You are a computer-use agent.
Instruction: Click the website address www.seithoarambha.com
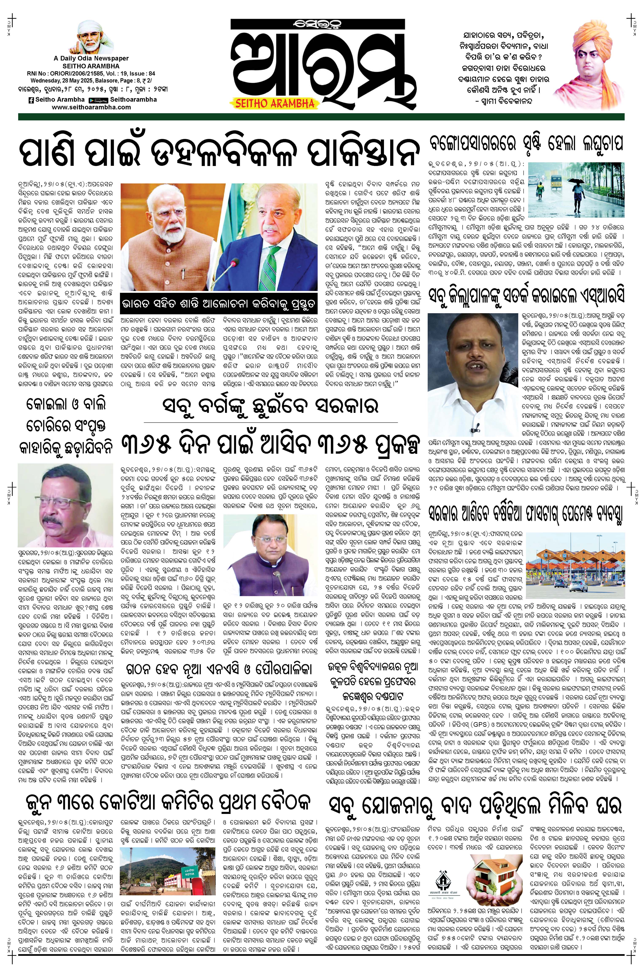[91, 107]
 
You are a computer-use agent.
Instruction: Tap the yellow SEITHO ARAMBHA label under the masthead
[274, 103]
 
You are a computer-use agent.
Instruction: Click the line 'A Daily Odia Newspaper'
[91, 59]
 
